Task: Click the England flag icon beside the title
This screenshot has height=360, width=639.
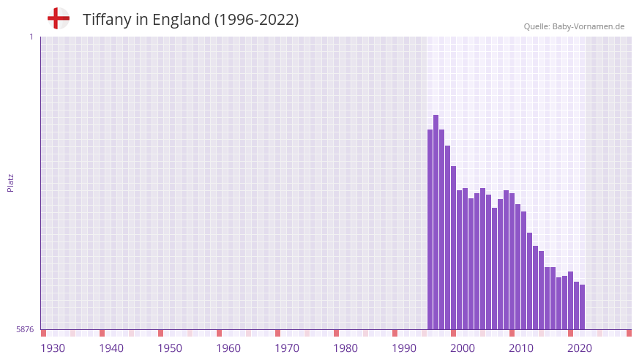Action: click(x=58, y=19)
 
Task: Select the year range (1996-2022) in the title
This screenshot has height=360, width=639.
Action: click(x=256, y=20)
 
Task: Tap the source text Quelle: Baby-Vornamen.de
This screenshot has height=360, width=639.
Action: click(x=574, y=26)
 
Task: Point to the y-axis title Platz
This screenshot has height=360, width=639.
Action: click(x=10, y=183)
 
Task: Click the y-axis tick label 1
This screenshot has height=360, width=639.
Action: click(x=31, y=37)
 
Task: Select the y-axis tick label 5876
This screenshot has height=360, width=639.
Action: click(x=25, y=329)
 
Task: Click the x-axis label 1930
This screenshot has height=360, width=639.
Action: click(x=53, y=348)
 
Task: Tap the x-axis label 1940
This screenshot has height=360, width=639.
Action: click(x=111, y=348)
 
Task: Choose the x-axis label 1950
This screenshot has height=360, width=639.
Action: click(x=170, y=348)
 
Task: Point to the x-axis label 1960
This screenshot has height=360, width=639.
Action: click(x=228, y=348)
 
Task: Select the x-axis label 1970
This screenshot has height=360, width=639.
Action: click(x=287, y=348)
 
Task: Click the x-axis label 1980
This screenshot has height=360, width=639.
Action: click(x=345, y=348)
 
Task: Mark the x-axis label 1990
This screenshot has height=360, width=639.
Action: click(x=404, y=348)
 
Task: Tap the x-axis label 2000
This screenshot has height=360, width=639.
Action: click(x=463, y=348)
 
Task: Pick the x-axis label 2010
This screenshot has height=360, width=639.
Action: click(x=521, y=348)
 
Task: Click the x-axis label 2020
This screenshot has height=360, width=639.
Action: click(x=580, y=348)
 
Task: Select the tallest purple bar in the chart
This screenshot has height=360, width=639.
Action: click(x=436, y=220)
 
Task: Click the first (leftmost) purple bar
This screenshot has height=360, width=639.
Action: click(x=430, y=227)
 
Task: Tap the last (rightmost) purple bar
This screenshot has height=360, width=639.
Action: click(x=582, y=307)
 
